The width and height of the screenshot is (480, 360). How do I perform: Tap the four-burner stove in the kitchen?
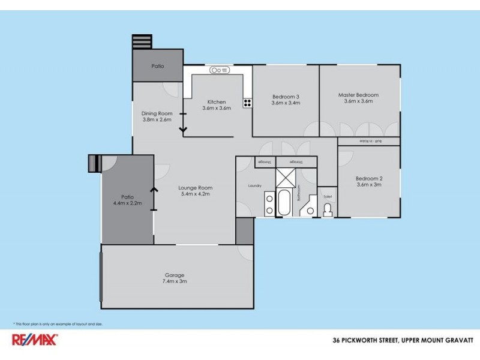pos(247,103)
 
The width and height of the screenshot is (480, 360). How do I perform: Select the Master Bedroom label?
pos(358,95)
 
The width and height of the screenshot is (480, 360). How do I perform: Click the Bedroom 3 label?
pos(286,97)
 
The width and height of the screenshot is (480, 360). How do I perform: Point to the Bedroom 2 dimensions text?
pos(368,185)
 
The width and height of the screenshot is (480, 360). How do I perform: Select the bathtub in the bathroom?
pos(284,203)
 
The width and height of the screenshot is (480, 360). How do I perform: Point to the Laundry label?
pos(255,186)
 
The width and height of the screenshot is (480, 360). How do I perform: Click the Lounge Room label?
pos(196,188)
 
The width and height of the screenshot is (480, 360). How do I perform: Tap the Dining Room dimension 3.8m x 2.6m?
pos(157,119)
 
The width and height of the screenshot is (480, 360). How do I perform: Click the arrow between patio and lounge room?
pos(154,198)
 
